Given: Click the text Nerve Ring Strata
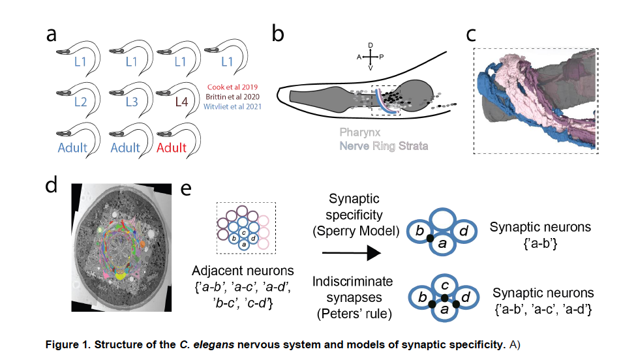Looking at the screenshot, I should coord(383,145).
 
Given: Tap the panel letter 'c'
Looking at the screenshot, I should coord(472,35).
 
